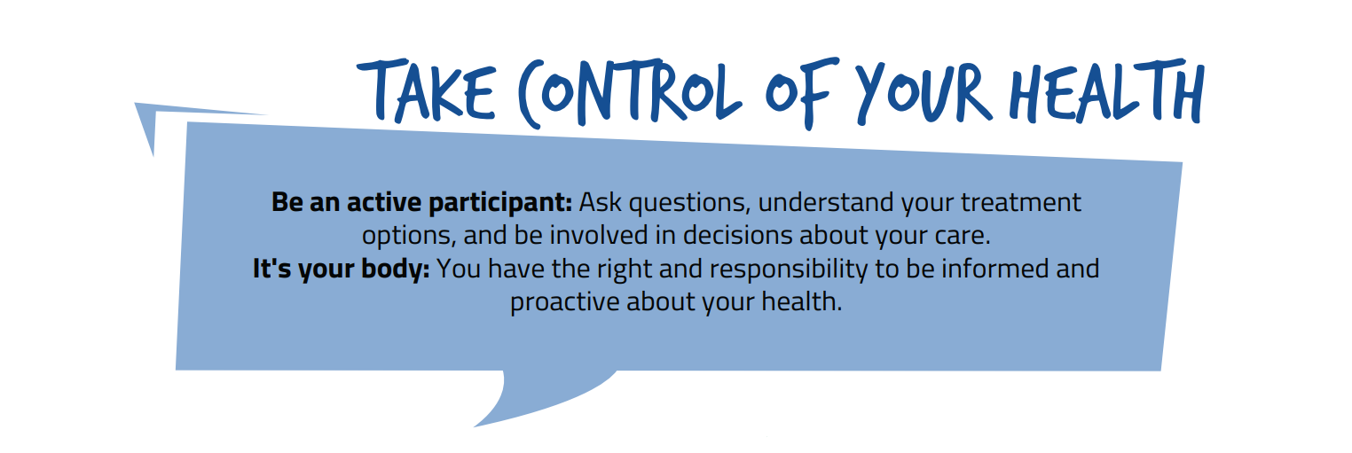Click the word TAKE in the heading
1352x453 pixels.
pyautogui.click(x=427, y=90)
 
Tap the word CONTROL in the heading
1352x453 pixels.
pyautogui.click(x=630, y=93)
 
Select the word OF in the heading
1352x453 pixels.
pyautogui.click(x=802, y=90)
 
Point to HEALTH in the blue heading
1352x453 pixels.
pyautogui.click(x=1107, y=90)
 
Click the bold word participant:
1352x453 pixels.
pyautogui.click(x=500, y=203)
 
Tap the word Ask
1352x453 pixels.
pyautogui.click(x=600, y=202)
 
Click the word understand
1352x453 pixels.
pyautogui.click(x=826, y=202)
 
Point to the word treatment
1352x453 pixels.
pyautogui.click(x=1021, y=203)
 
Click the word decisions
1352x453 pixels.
pyautogui.click(x=737, y=235)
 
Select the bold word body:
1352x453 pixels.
pyautogui.click(x=395, y=269)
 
